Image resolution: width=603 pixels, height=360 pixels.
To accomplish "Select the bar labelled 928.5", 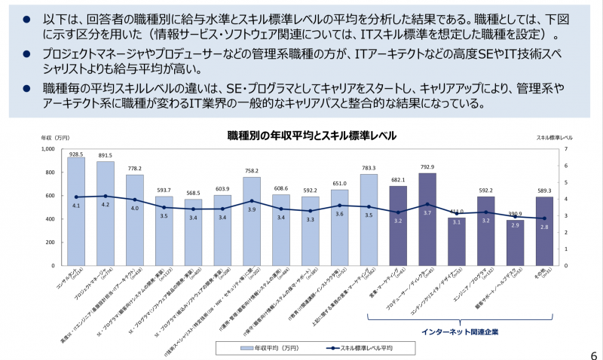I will click(76, 211).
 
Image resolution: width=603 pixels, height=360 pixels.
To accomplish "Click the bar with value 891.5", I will click(106, 215).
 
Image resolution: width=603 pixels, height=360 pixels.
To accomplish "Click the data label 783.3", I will click(369, 168).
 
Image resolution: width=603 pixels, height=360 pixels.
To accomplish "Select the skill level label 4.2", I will click(106, 205).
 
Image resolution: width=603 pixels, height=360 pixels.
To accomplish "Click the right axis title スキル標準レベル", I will click(554, 139).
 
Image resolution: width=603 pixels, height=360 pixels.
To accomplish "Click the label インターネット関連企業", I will click(459, 331).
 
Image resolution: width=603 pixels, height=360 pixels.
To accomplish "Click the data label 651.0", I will click(339, 183).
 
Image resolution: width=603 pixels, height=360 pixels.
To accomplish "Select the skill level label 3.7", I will click(427, 213).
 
